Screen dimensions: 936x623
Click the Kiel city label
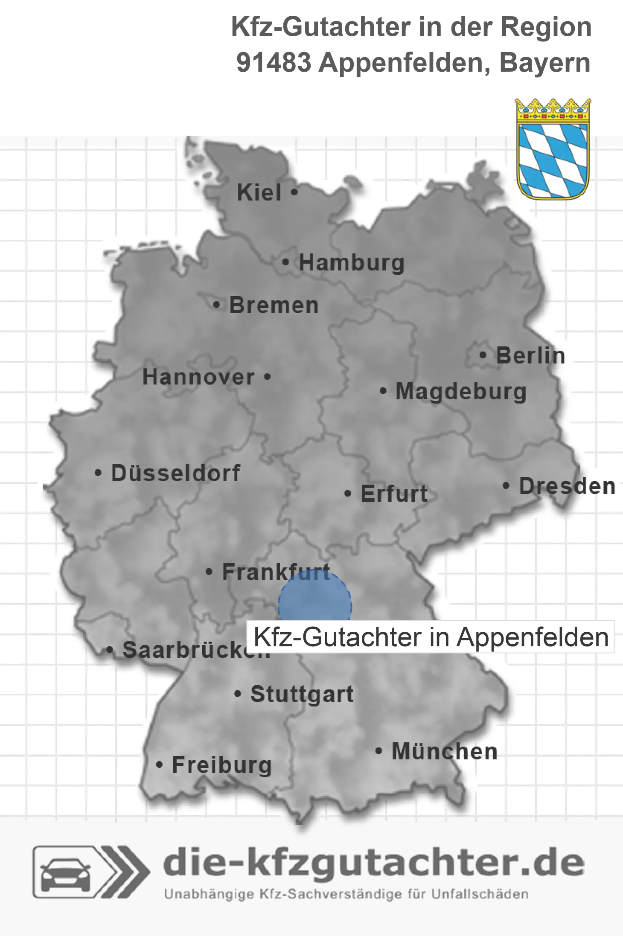pyautogui.click(x=259, y=192)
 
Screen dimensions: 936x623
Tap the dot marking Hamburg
pyautogui.click(x=286, y=262)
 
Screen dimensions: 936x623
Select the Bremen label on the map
pyautogui.click(x=274, y=305)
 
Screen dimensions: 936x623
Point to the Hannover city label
pyautogui.click(x=198, y=377)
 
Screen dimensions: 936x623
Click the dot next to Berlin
pyautogui.click(x=483, y=355)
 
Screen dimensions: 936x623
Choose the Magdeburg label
pyautogui.click(x=461, y=392)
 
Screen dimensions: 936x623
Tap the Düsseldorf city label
pyautogui.click(x=175, y=473)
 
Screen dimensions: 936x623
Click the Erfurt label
pyautogui.click(x=394, y=494)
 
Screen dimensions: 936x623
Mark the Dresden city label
pyautogui.click(x=567, y=486)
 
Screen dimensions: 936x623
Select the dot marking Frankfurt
pyautogui.click(x=209, y=572)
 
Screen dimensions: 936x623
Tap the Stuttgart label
pyautogui.click(x=302, y=694)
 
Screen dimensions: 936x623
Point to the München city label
pyautogui.click(x=444, y=751)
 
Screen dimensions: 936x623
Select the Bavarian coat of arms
pyautogui.click(x=553, y=149)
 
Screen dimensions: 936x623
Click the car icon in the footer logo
pyautogui.click(x=65, y=872)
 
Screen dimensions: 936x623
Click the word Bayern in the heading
pyautogui.click(x=545, y=63)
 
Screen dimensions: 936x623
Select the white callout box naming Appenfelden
pyautogui.click(x=431, y=637)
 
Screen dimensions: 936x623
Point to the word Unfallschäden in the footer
pyautogui.click(x=480, y=894)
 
